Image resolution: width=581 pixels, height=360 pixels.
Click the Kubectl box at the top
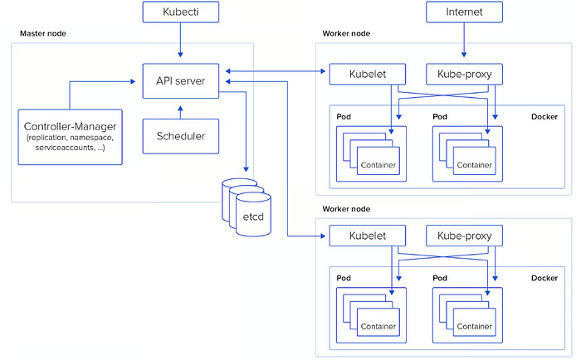point(181,12)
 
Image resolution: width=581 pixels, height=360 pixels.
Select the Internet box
point(464,12)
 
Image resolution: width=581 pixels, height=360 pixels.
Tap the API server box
point(181,80)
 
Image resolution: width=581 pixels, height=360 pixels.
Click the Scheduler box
point(181,136)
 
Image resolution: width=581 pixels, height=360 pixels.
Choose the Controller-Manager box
point(70,137)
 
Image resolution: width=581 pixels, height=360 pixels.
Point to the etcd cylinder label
point(253,216)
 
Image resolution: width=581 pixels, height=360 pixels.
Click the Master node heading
point(43,33)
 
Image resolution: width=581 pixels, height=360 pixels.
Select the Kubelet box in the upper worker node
point(368,74)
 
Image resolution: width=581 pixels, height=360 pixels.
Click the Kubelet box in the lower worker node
point(368,236)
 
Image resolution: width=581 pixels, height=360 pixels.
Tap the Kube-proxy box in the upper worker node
point(464,74)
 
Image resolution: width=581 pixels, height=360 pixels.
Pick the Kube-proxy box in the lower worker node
point(464,236)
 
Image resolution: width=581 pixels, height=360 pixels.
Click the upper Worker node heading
point(346,33)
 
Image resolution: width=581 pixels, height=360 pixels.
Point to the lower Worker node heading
point(346,209)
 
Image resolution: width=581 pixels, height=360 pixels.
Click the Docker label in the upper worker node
point(544,117)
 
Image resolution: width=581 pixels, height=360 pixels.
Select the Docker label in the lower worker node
point(544,278)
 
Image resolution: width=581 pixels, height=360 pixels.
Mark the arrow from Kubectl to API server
point(180,40)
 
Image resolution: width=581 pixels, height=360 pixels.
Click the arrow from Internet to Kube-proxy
point(464,40)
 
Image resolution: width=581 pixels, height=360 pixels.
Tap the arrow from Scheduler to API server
point(180,113)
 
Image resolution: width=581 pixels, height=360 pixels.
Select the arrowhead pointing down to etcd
point(246,169)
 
